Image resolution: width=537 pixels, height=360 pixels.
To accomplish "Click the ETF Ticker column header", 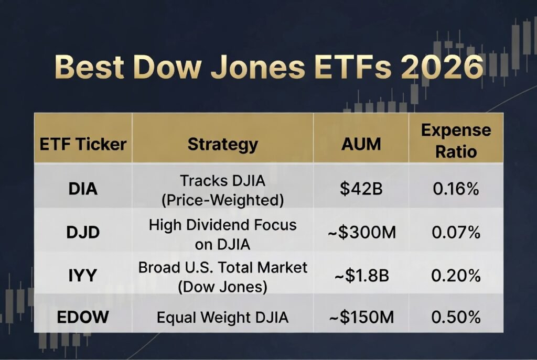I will pos(83,144).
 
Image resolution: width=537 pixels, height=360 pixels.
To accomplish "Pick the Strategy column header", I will pos(222,144).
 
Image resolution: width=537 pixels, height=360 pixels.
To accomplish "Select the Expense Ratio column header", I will pos(456,141).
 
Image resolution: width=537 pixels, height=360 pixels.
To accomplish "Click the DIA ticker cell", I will pos(83,189).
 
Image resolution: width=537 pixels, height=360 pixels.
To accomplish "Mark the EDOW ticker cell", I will pos(83,317).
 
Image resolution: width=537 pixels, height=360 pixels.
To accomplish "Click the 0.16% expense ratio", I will pos(456,189).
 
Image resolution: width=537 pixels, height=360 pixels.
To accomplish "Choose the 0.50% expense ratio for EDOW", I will pos(456,317).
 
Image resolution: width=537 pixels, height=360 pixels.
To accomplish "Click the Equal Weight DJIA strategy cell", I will pos(222,317).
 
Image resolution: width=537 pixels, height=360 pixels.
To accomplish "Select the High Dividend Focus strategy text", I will pos(222,225).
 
